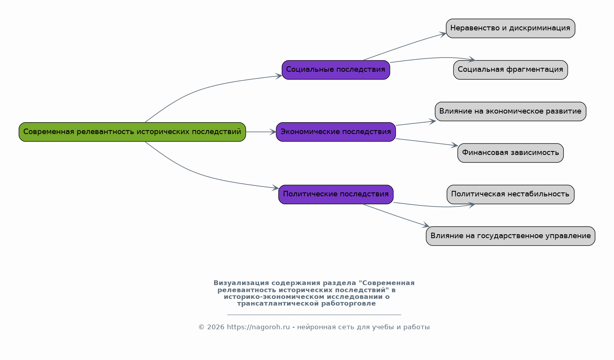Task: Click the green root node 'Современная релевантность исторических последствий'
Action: tap(132, 132)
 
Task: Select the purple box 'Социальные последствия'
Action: tap(336, 70)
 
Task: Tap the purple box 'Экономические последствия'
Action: tap(336, 132)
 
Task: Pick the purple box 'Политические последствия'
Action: tap(336, 194)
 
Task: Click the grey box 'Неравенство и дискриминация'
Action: tap(510, 28)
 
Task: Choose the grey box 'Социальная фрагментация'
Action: tap(510, 70)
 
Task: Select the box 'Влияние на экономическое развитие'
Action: tap(510, 111)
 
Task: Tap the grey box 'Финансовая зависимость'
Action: tap(510, 153)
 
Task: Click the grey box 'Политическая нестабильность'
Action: tap(510, 194)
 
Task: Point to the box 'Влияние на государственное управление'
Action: tap(510, 236)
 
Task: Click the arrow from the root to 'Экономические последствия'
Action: tap(261, 132)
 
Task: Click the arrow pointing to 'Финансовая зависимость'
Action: tap(427, 142)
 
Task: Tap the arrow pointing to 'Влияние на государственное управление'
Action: tap(396, 215)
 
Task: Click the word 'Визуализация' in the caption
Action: tap(241, 283)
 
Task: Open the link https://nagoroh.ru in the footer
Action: tap(258, 327)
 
